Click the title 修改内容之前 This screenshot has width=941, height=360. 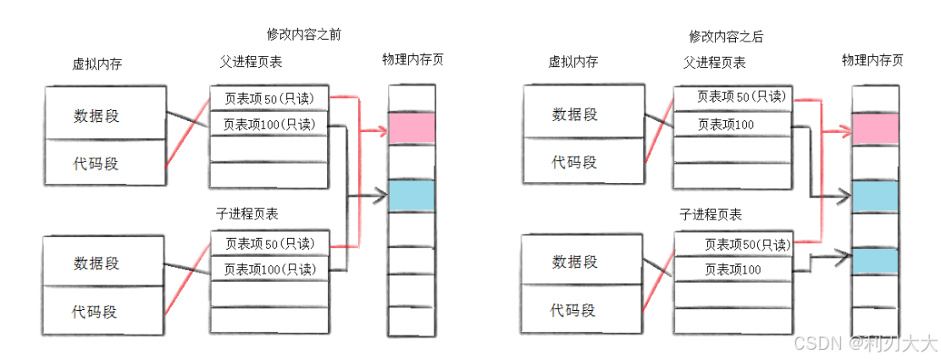coord(303,35)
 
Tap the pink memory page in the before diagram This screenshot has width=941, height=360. coord(412,128)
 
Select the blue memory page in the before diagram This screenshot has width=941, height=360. coord(412,196)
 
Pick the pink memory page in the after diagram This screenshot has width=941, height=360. coord(875,129)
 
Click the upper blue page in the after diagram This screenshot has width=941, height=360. coord(875,197)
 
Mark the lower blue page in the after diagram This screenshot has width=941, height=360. coord(875,261)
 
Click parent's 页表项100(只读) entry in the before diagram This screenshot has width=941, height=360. coord(268,125)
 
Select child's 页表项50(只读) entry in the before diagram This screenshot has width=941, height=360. coord(268,244)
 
